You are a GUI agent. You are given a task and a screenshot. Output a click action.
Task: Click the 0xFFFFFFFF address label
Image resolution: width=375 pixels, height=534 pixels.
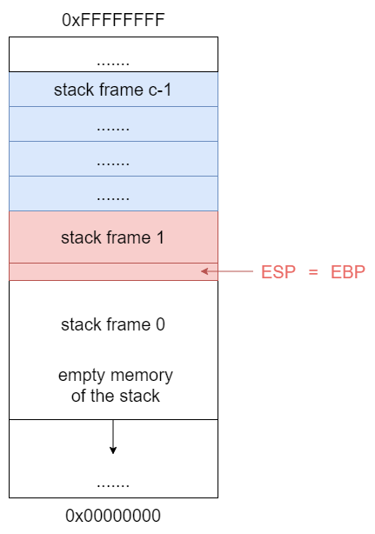[x=113, y=20]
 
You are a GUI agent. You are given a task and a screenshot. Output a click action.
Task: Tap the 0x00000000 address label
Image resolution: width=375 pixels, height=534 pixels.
[x=113, y=515]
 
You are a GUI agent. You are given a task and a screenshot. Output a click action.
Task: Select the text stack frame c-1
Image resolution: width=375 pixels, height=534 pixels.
[x=112, y=90]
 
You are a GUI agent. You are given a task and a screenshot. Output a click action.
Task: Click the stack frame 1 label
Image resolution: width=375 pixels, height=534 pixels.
[x=113, y=237]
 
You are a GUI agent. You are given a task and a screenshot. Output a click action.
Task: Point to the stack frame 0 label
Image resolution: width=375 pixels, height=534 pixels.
[x=113, y=324]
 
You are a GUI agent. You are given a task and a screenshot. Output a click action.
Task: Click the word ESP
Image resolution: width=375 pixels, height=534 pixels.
[x=278, y=272]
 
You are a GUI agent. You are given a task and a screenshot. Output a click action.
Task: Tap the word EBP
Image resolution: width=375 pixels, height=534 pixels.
[x=348, y=272]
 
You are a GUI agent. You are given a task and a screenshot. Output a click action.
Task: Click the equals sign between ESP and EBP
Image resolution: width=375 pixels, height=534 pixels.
[x=313, y=272]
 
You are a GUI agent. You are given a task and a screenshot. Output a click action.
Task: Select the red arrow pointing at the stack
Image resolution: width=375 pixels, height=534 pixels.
[x=227, y=271]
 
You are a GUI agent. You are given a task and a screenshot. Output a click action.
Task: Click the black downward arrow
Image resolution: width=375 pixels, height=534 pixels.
[x=113, y=437]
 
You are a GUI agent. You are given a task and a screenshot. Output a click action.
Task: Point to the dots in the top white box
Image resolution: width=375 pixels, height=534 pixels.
[x=113, y=63]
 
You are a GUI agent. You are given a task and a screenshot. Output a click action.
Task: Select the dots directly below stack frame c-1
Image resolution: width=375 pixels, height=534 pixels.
[x=113, y=129]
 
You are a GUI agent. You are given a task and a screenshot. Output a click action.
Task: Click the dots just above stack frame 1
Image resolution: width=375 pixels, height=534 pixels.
[x=113, y=198]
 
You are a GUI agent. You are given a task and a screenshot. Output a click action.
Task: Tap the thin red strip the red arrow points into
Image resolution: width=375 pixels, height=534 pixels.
[x=113, y=271]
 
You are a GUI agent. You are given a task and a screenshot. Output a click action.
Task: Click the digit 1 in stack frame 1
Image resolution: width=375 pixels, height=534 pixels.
[x=160, y=237]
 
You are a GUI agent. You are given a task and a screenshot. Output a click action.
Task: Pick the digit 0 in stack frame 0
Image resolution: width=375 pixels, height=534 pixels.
[x=161, y=324]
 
